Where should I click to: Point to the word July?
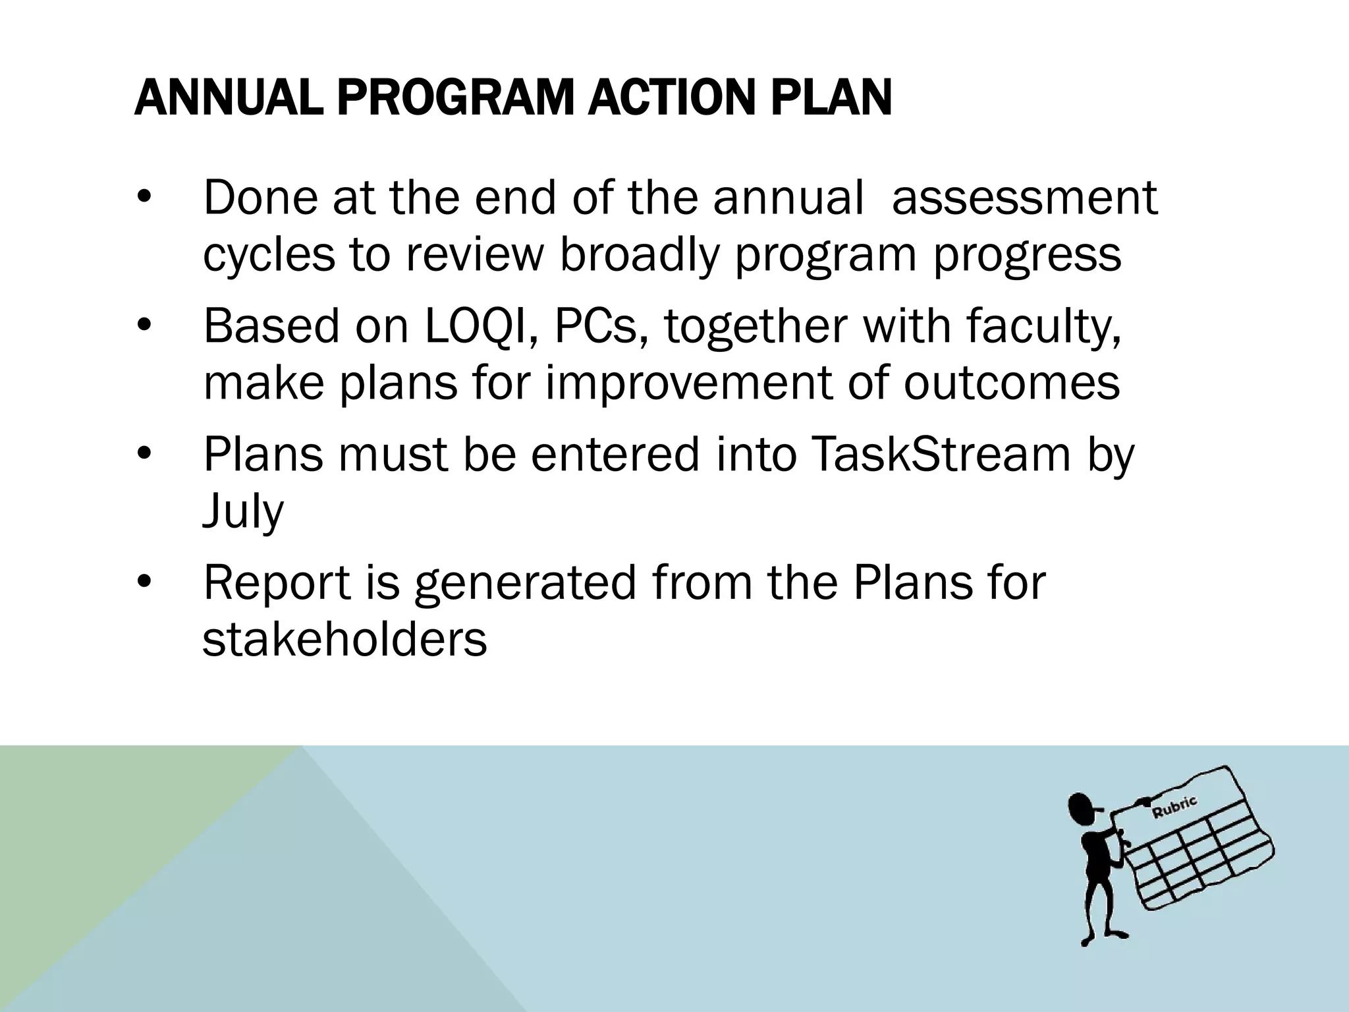(x=243, y=513)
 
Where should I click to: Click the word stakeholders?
(x=344, y=639)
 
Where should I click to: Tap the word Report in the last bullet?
(x=277, y=582)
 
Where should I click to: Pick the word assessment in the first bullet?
(x=1024, y=198)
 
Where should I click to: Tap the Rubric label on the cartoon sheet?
(x=1174, y=808)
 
